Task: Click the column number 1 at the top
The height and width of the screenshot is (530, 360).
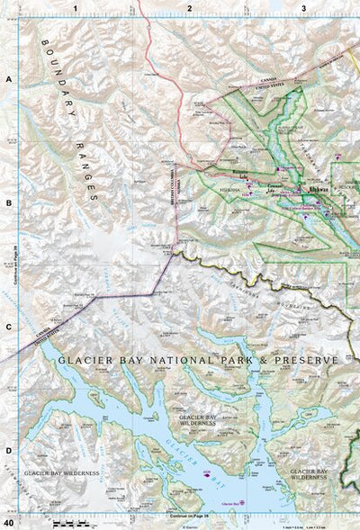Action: point(76,7)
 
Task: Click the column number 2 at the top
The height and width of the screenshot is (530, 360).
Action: point(190,7)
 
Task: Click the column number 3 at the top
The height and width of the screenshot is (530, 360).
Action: point(304,7)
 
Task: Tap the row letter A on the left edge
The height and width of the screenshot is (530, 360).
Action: point(8,80)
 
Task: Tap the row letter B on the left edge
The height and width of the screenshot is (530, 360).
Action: point(8,203)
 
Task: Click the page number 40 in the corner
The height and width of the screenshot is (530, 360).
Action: point(8,523)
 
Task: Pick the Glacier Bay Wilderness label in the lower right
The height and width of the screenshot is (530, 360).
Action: point(309,473)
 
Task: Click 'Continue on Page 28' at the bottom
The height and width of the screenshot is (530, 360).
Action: point(188,517)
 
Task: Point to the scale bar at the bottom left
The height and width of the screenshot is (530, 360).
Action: point(65,522)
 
